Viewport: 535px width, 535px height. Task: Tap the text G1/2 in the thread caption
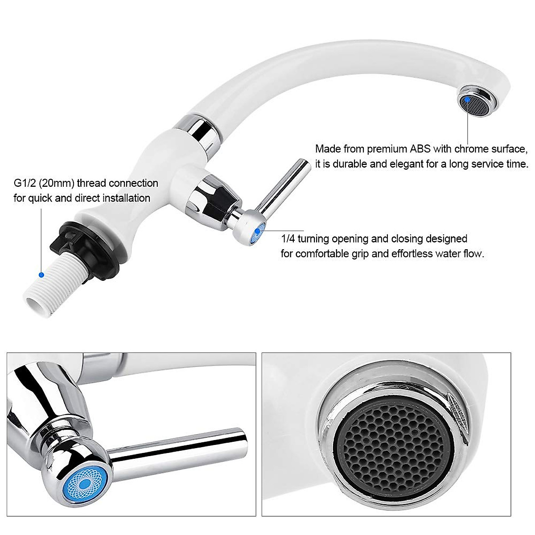tap(24, 183)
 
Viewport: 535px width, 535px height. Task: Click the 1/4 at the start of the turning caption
tap(288, 239)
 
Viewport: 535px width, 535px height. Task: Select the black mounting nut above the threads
tap(89, 248)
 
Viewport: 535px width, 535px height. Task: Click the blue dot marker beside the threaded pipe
tap(41, 275)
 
